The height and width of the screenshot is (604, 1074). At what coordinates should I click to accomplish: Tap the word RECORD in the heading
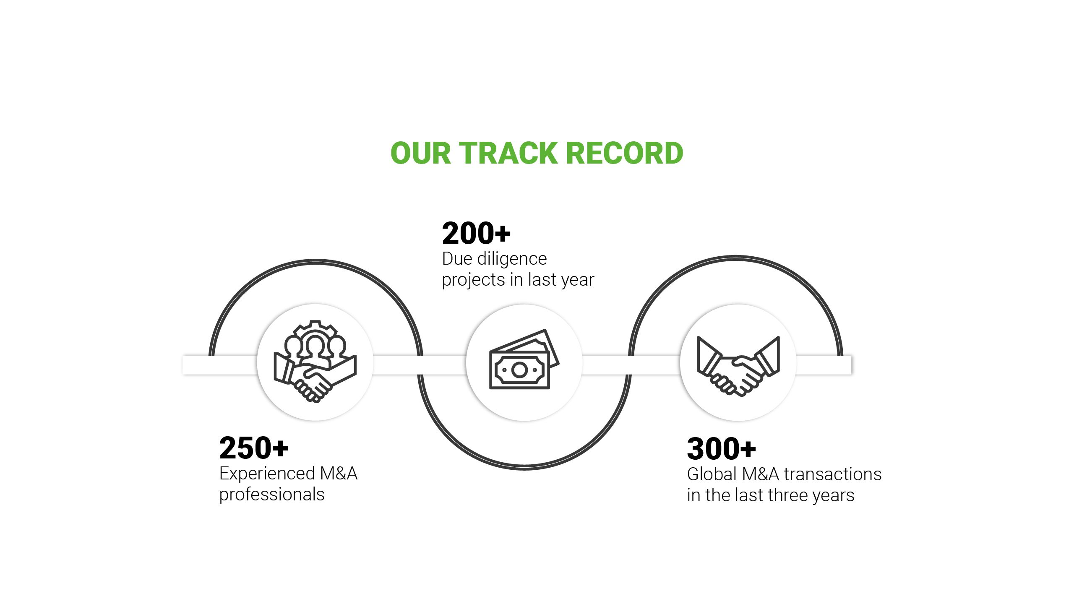pos(625,153)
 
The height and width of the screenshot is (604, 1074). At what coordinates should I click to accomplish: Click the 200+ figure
pos(476,233)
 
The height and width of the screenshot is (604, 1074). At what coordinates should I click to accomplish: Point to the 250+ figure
pos(253,448)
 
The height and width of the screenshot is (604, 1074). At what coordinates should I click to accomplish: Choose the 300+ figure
pos(721,449)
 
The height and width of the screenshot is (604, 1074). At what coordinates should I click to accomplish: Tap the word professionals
pos(272,495)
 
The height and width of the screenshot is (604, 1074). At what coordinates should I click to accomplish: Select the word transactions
pos(832,474)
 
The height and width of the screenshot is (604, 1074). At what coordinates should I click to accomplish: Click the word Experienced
pos(267,474)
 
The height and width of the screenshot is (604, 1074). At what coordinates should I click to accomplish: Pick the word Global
pos(712,474)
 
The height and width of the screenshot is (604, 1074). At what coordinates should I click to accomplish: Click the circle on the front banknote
pos(519,370)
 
